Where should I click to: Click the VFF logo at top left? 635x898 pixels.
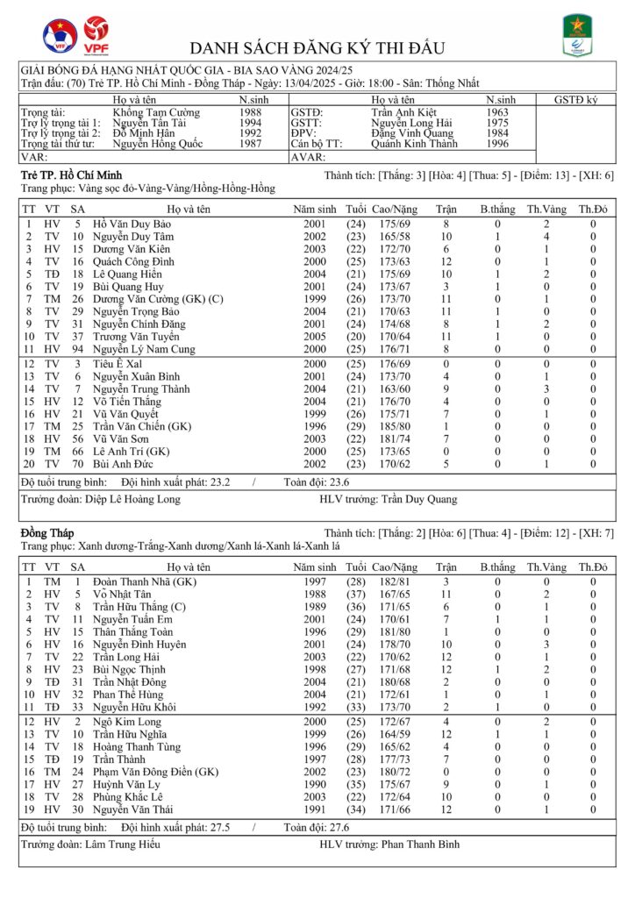coord(60,36)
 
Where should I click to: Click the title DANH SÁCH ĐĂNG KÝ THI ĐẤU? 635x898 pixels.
coord(317,47)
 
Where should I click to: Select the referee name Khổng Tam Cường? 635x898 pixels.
coord(156,113)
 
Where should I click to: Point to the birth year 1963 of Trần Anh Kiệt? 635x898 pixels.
coord(498,113)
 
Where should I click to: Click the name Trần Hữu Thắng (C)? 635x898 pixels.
coord(134,607)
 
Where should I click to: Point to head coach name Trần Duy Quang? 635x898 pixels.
coord(418,499)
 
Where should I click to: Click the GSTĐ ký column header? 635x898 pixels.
coord(576,100)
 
